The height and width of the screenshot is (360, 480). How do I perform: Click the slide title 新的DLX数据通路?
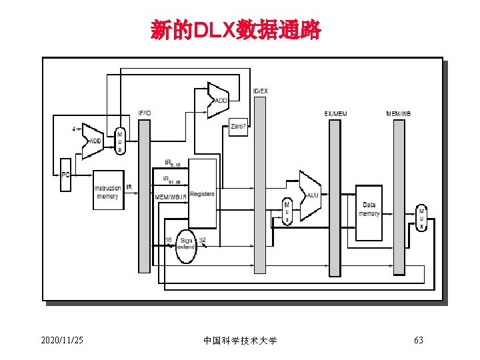(x=236, y=31)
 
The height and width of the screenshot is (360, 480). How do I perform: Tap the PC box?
(x=65, y=175)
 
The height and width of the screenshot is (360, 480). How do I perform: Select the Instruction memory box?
(x=108, y=193)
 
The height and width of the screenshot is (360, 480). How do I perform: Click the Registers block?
(x=202, y=194)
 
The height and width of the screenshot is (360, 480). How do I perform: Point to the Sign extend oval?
(x=186, y=244)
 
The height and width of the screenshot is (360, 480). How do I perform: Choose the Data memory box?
(x=369, y=211)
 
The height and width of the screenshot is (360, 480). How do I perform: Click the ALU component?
(x=311, y=195)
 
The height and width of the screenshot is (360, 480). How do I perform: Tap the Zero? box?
(x=239, y=127)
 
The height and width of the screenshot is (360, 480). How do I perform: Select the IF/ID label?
(x=144, y=113)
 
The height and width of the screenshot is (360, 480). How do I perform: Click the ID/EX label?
(x=260, y=91)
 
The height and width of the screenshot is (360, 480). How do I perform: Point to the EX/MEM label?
(x=335, y=113)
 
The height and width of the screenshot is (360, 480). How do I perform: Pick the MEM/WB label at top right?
(x=399, y=113)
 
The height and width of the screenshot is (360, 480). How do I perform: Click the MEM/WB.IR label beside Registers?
(x=171, y=197)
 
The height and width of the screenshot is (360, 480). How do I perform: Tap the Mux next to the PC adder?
(x=120, y=142)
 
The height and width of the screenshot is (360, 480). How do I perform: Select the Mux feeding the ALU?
(x=287, y=211)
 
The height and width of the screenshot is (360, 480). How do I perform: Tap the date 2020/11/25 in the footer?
(x=62, y=341)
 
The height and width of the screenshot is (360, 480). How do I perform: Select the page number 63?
(x=419, y=341)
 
